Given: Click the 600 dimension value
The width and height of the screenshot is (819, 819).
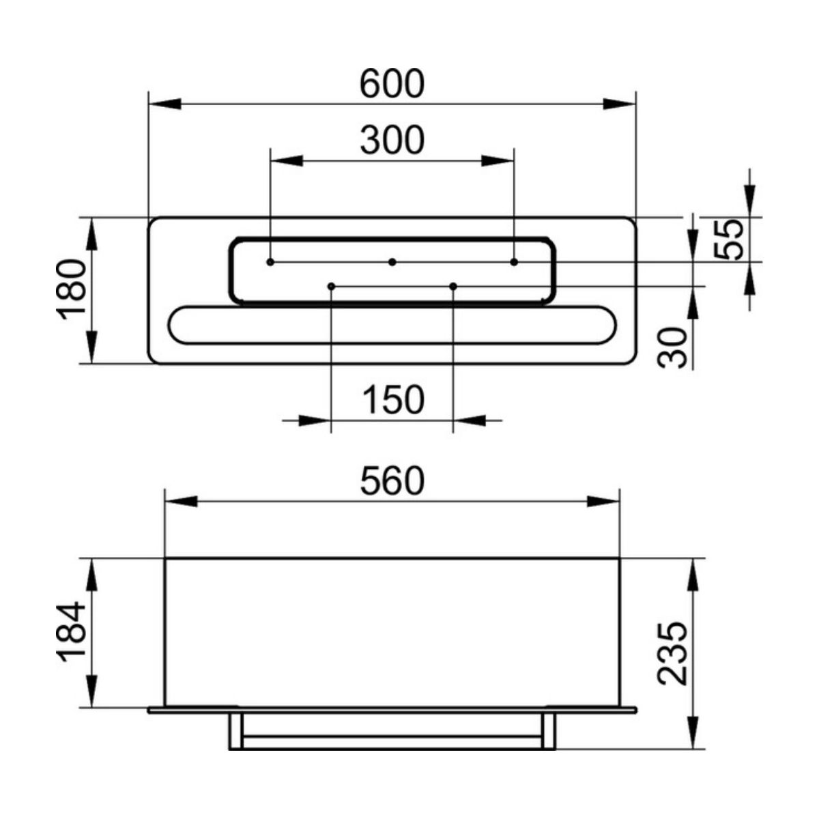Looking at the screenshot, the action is (x=392, y=84).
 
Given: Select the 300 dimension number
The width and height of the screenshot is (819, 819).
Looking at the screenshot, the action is (x=392, y=140).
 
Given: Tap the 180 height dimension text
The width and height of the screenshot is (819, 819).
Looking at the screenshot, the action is (x=71, y=291).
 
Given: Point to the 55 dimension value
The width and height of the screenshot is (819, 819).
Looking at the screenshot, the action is (x=728, y=240).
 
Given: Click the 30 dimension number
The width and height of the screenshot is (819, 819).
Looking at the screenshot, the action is (x=672, y=347).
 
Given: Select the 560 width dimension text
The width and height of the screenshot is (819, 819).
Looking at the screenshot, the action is (x=392, y=480).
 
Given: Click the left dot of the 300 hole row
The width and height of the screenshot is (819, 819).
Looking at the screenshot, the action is (x=270, y=262).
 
